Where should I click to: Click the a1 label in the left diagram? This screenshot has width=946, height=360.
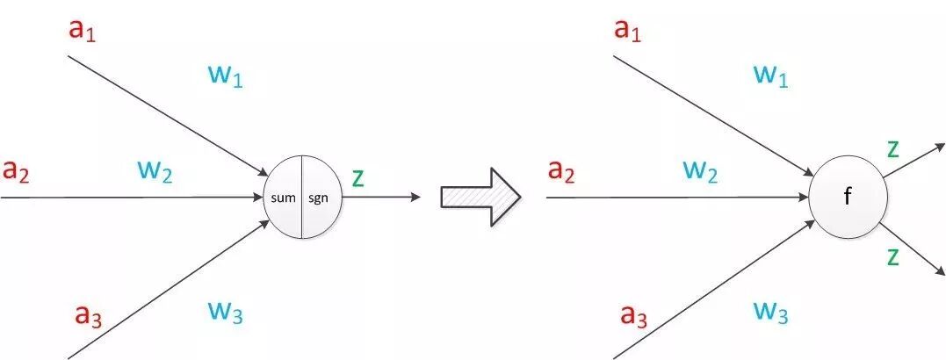pos(84,31)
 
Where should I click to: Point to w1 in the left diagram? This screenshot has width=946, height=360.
pos(225,76)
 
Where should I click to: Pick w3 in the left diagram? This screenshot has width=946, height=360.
pos(224,310)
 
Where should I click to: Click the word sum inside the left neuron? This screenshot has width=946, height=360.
pos(284,198)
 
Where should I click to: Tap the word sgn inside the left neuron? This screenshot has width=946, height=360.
pos(318,198)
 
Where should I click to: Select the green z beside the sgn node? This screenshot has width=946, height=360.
pos(357,177)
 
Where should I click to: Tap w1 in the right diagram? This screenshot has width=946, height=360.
pos(770,76)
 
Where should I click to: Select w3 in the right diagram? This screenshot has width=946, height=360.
pos(769,310)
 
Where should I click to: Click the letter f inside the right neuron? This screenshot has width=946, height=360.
pos(847,198)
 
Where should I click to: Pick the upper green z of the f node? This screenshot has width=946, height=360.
pos(892,148)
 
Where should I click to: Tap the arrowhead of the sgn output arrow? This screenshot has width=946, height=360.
pos(415,197)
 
